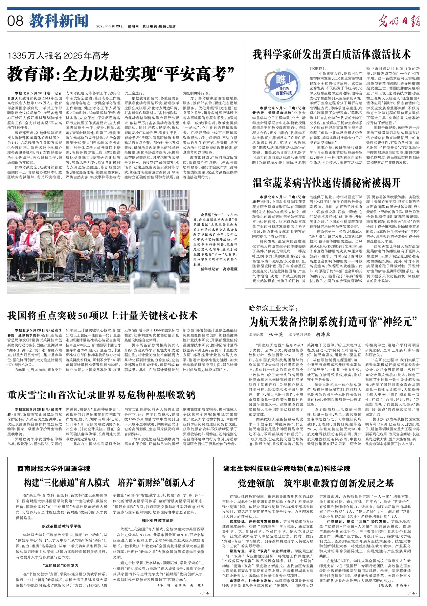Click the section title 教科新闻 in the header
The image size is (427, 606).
tap(59, 21)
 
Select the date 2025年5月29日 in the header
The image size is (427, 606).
tap(110, 26)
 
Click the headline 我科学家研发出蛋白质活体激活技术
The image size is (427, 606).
tap(332, 54)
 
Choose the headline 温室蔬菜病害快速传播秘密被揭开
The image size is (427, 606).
tap(327, 183)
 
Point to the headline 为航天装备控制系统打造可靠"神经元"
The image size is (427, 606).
tap(333, 322)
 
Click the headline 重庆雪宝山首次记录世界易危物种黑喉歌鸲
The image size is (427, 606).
tap(102, 395)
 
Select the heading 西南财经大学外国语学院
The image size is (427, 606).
tap(54, 468)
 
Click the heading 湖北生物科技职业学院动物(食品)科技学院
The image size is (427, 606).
tap(287, 468)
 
